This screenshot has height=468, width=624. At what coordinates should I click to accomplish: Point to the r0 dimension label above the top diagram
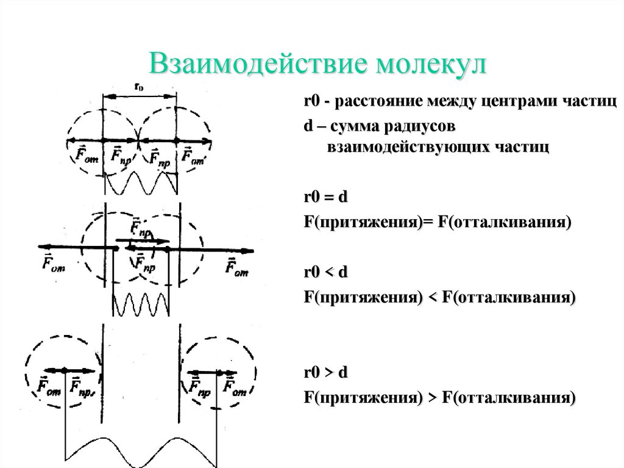139,87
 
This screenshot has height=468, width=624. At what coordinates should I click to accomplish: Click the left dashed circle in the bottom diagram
61,369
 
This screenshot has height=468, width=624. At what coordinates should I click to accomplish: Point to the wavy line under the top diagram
141,183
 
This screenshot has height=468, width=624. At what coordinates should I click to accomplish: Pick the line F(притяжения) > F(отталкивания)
439,398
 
